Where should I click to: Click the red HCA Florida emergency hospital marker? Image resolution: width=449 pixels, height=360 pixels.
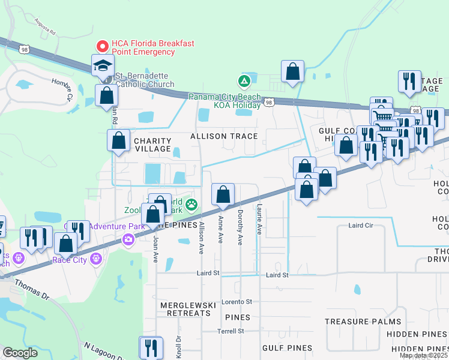[x=103, y=46]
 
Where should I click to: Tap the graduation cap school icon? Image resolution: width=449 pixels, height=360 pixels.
[x=103, y=65]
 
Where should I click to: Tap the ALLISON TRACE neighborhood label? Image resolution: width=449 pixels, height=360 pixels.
[x=224, y=136]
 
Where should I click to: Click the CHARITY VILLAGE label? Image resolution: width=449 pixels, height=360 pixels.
[x=152, y=145]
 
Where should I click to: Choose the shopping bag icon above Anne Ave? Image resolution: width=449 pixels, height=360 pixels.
[x=223, y=194]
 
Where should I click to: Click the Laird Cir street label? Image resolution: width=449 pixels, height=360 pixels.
[x=361, y=226]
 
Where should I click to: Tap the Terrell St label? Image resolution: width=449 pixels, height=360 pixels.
[x=231, y=331]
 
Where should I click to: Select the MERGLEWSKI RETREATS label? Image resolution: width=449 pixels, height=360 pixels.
[x=188, y=309]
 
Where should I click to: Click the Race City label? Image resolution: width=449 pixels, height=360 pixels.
[x=70, y=260]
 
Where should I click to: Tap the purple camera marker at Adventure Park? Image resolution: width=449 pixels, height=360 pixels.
[x=128, y=241]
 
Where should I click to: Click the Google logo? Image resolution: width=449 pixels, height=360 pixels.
[x=20, y=353]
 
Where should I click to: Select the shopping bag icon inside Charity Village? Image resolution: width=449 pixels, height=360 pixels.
[x=119, y=140]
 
